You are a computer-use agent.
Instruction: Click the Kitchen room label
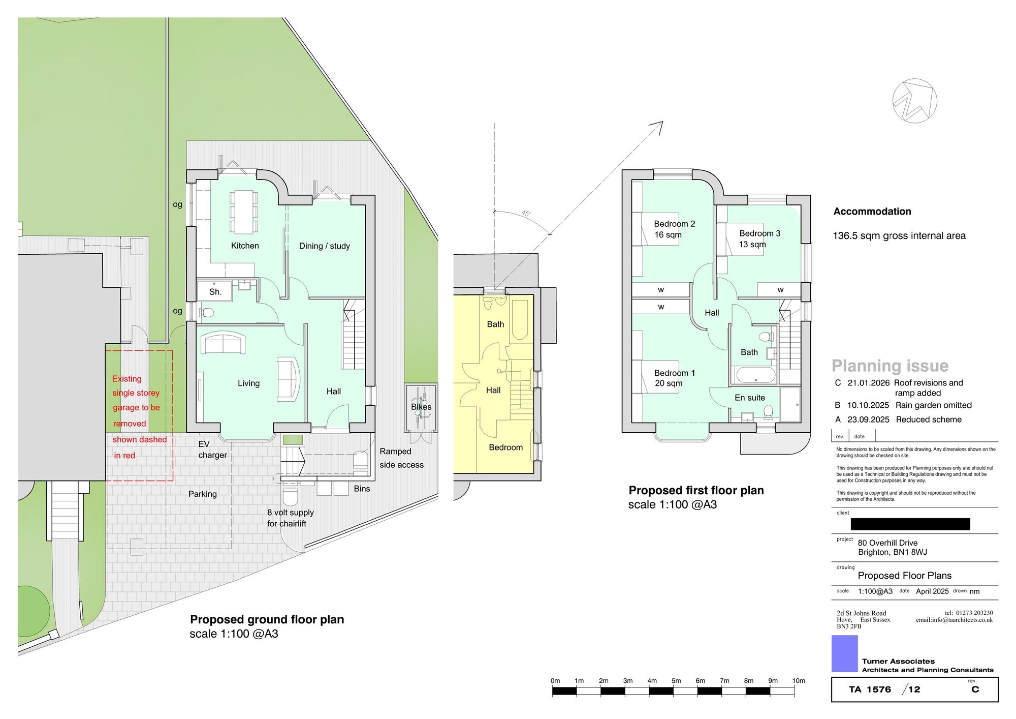click(245, 246)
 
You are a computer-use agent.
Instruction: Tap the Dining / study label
click(325, 246)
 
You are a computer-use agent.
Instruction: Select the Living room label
click(248, 383)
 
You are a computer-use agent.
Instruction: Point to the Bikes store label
click(421, 407)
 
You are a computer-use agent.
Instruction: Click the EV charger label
click(212, 450)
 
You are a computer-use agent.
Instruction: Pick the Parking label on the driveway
click(202, 494)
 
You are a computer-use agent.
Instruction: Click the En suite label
click(750, 398)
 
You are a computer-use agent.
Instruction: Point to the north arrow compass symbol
click(914, 101)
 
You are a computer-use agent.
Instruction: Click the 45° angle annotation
click(526, 214)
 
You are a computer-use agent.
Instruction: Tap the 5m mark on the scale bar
click(676, 680)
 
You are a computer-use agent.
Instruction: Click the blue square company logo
click(844, 653)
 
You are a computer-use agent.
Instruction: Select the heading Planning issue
click(890, 366)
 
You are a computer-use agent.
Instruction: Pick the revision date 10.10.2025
click(868, 405)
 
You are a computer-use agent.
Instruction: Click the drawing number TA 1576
click(870, 690)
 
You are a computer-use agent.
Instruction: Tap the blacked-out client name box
click(910, 524)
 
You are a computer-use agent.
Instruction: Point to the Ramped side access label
click(401, 458)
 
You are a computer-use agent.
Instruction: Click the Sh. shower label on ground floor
click(215, 292)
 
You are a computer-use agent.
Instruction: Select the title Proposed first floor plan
click(696, 490)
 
